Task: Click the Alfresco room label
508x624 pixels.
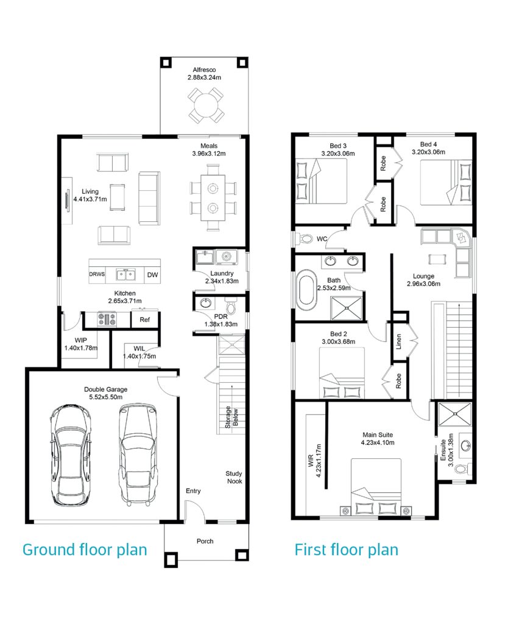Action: point(205,69)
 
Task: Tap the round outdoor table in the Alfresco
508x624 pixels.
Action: point(205,105)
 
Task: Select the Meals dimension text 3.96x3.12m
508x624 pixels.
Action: point(209,154)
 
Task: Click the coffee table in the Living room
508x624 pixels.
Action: point(118,197)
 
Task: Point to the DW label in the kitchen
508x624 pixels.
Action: point(152,275)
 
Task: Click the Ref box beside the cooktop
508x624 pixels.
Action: point(145,319)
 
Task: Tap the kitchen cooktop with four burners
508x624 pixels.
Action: point(107,319)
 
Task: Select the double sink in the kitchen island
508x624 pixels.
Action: point(125,275)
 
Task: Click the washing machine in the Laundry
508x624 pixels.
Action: point(227,257)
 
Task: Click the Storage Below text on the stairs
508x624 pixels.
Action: point(231,417)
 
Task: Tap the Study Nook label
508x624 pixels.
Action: point(234,477)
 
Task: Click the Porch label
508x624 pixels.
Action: point(205,541)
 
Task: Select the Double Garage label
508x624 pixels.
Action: point(106,389)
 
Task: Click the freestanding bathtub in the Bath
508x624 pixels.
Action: point(306,289)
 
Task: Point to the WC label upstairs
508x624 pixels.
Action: point(322,239)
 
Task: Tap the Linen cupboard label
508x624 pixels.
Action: point(399,342)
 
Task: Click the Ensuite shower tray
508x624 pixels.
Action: point(454,414)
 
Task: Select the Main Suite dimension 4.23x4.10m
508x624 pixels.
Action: point(378,442)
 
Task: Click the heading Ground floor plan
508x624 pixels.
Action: point(85,550)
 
